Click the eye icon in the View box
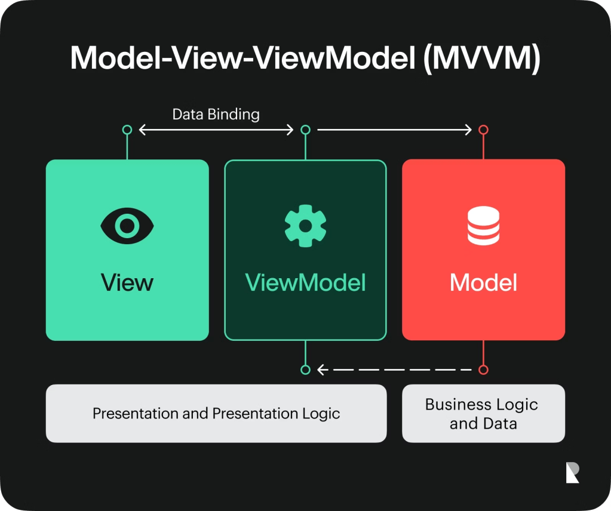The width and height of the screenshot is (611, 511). pyautogui.click(x=127, y=226)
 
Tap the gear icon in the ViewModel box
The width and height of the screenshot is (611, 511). pyautogui.click(x=306, y=226)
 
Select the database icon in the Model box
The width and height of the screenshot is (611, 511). pyautogui.click(x=484, y=226)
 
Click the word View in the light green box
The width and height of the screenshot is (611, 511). pyautogui.click(x=127, y=282)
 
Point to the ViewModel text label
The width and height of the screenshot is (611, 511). pyautogui.click(x=306, y=282)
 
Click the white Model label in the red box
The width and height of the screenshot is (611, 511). pyautogui.click(x=484, y=282)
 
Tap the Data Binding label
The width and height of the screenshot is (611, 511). pyautogui.click(x=216, y=115)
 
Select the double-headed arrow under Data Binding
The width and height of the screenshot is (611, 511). pyautogui.click(x=216, y=130)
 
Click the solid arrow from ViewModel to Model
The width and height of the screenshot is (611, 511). pyautogui.click(x=394, y=130)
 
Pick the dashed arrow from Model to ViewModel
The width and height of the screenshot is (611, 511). pyautogui.click(x=394, y=370)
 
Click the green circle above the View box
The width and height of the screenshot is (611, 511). pyautogui.click(x=127, y=130)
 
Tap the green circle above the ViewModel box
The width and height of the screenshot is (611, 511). pyautogui.click(x=306, y=130)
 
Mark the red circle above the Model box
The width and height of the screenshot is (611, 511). pyautogui.click(x=484, y=130)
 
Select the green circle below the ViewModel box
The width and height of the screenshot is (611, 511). pyautogui.click(x=306, y=370)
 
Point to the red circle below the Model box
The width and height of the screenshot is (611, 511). pyautogui.click(x=484, y=370)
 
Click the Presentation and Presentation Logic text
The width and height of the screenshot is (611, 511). pyautogui.click(x=216, y=414)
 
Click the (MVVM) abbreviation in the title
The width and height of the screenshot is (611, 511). pyautogui.click(x=482, y=59)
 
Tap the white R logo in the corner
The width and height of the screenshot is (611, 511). pyautogui.click(x=572, y=472)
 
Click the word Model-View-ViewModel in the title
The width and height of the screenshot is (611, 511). pyautogui.click(x=243, y=58)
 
